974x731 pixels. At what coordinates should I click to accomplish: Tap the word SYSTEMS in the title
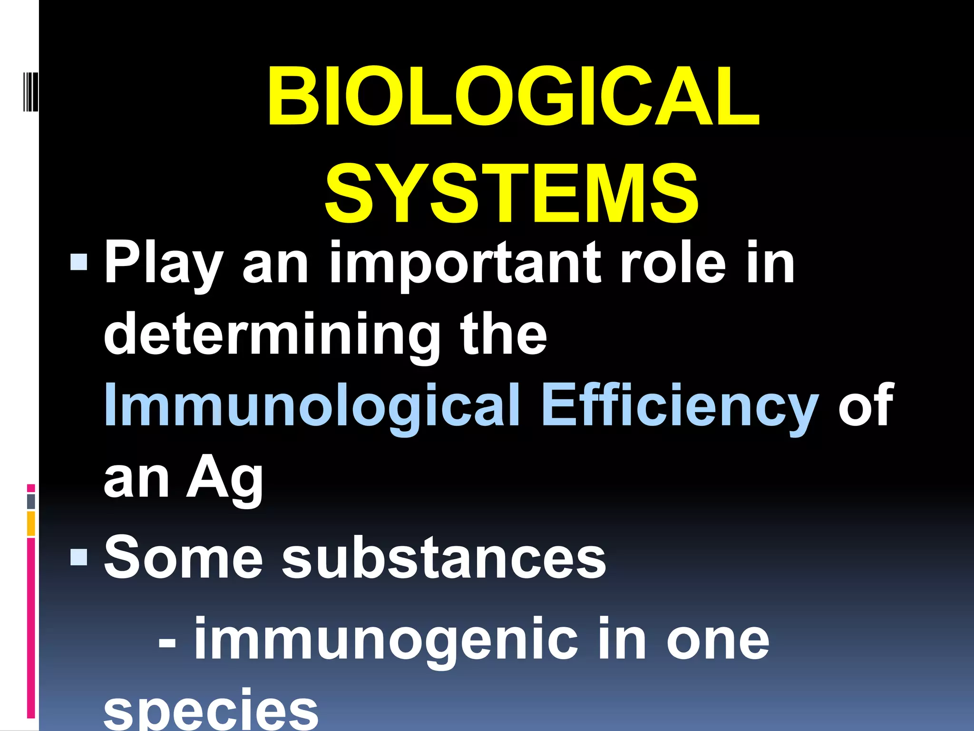(x=512, y=193)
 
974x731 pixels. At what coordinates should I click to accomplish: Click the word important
(x=461, y=264)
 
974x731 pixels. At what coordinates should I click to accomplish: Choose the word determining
(x=272, y=336)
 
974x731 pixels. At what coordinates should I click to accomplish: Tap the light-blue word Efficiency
(x=680, y=407)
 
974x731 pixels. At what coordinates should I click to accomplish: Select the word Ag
(x=224, y=478)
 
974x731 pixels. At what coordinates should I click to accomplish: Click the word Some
(x=183, y=557)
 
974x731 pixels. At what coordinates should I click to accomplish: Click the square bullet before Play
(x=78, y=261)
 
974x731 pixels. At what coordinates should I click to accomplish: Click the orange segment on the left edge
(x=31, y=524)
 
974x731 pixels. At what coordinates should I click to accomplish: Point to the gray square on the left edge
(x=31, y=501)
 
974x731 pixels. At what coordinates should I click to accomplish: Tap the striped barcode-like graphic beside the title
(x=30, y=91)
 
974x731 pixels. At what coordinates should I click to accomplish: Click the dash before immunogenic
(x=167, y=642)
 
